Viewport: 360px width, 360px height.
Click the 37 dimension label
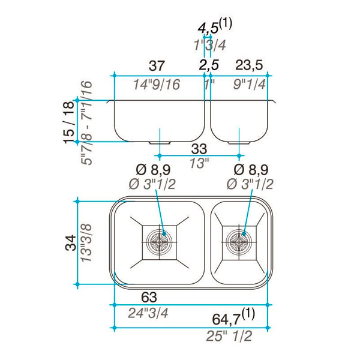pos(157,65)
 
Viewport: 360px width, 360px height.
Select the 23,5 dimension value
pos(249,65)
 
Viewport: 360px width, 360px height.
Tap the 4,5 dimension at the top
pos(208,28)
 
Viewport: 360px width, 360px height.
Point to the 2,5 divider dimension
pos(209,65)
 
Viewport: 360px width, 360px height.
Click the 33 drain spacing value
pos(199,149)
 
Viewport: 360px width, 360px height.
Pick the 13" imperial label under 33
pos(199,163)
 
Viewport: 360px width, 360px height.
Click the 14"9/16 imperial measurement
pos(157,85)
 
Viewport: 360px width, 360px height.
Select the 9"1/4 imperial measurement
pos(250,84)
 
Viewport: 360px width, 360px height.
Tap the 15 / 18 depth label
pos(69,122)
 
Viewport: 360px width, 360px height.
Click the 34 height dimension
pos(71,242)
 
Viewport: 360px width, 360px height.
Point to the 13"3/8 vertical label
pos(86,243)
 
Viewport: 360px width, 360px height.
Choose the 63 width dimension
pos(149,297)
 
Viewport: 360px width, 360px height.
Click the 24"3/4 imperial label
pos(148,313)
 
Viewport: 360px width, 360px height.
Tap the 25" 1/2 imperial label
pos(229,336)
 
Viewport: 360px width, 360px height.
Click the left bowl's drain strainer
pos(159,242)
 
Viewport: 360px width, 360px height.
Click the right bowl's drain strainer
pos(239,242)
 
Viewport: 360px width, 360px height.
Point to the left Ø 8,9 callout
pos(153,170)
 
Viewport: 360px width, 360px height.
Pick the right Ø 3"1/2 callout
pos(250,184)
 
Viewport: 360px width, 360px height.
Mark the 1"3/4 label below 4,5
pos(210,45)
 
